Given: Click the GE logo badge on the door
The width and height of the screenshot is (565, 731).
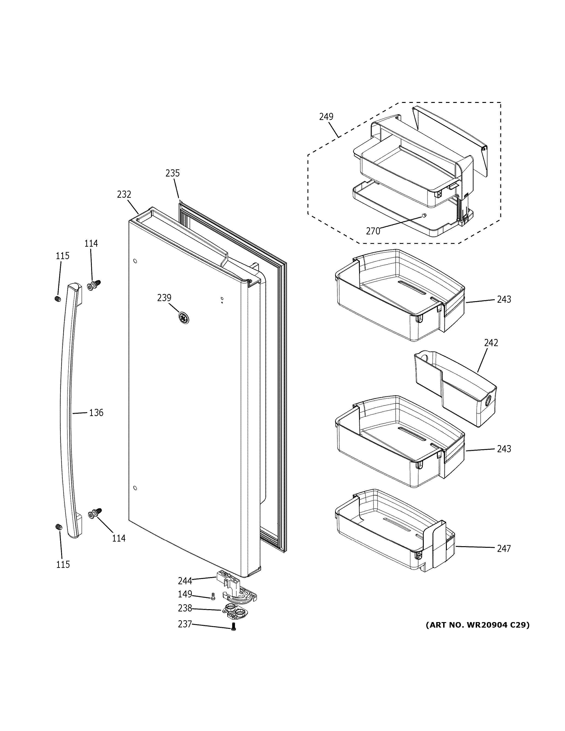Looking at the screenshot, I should pos(183,318).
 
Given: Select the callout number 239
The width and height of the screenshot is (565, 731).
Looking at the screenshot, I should pos(164,298).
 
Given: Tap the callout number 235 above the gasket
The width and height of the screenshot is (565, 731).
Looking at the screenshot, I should pos(172,173).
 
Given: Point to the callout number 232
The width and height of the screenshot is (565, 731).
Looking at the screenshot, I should pos(124,195).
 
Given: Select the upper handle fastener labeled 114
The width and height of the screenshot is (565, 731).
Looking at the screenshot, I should pos(94,285).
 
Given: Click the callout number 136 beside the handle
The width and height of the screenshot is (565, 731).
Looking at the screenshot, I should pos(96,413).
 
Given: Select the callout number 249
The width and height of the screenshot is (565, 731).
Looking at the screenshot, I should pos(326,117).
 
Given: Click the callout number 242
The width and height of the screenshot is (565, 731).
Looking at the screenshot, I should pos(491,342).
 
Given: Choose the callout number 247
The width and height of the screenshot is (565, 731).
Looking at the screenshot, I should pos(504,548).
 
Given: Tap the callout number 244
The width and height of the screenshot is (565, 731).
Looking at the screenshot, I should pos(185,580).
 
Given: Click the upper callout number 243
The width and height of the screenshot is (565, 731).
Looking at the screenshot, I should pos(504,299).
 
